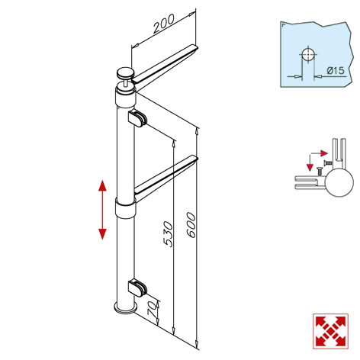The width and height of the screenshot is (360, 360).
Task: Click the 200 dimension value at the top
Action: [x=164, y=24]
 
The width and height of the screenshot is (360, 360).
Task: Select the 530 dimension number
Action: [x=168, y=234]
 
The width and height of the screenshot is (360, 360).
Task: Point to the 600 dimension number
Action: [x=191, y=225]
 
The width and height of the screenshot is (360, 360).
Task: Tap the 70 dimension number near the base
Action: [x=153, y=308]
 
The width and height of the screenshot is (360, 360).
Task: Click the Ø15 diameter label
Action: [x=336, y=70]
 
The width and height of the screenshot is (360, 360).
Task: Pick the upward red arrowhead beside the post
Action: [x=102, y=185]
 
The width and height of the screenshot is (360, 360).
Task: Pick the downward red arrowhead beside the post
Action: [x=102, y=234]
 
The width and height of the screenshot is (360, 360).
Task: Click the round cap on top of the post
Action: [x=125, y=74]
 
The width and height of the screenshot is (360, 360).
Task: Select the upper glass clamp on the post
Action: [x=137, y=119]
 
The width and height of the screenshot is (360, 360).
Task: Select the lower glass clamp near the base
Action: [x=137, y=288]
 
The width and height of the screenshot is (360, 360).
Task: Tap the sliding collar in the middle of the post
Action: [x=125, y=208]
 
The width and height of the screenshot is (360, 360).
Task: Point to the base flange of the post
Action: [x=125, y=308]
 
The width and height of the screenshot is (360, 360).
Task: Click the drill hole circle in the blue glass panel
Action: [x=308, y=55]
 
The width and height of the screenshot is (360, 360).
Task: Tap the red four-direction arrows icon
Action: [x=330, y=331]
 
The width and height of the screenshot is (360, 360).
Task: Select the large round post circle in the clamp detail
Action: [x=339, y=182]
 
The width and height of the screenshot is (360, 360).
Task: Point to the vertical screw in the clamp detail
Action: [x=319, y=171]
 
